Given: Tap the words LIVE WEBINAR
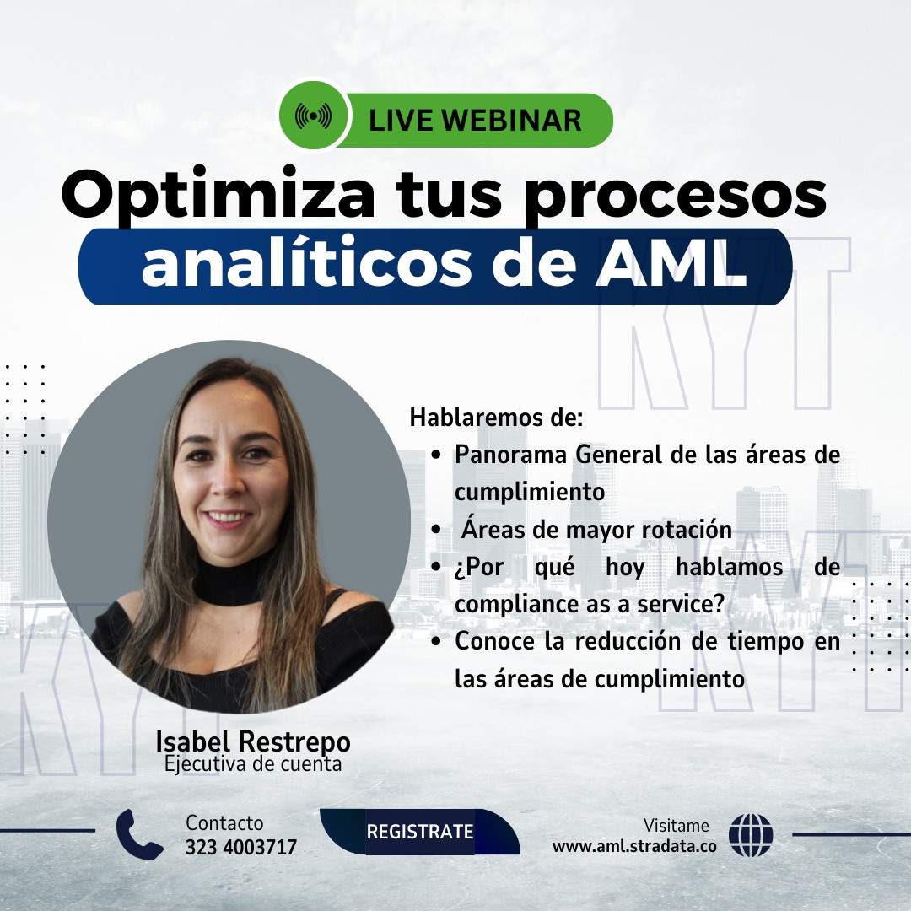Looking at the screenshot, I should [x=475, y=120].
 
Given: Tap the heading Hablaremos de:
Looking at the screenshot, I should [x=496, y=418].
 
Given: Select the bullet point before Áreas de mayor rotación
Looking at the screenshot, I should [x=436, y=531].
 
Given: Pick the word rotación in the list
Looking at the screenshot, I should [x=689, y=530].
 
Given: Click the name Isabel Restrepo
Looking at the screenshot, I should [x=253, y=742].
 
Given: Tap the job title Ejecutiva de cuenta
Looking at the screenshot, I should [x=253, y=765].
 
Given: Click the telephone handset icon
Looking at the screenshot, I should [x=139, y=833].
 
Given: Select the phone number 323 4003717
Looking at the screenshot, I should [x=241, y=846].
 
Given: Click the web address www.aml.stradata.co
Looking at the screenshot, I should [x=634, y=846].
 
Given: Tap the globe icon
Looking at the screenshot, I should [x=751, y=835].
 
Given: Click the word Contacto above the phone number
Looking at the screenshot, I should [x=224, y=822].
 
